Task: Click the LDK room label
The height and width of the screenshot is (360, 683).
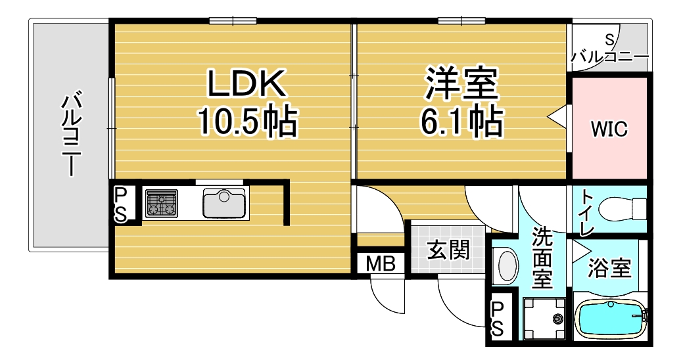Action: tap(247, 83)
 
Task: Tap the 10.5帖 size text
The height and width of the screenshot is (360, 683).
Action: tap(248, 121)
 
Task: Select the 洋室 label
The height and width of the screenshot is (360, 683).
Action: tap(461, 83)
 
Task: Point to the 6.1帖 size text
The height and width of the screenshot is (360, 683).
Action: tap(461, 121)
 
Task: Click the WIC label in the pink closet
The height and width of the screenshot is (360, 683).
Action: tap(609, 129)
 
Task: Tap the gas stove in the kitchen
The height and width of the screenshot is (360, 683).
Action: tap(162, 203)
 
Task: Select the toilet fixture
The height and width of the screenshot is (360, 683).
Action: tap(623, 209)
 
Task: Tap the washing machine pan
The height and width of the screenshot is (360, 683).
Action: tap(544, 319)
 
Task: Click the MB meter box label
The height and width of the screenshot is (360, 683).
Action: tap(380, 264)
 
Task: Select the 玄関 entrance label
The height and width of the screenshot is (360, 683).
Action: tap(448, 250)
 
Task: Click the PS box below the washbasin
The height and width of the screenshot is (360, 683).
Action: tap(498, 320)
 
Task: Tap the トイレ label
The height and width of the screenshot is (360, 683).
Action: tap(586, 215)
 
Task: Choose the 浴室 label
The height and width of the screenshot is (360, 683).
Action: tap(609, 269)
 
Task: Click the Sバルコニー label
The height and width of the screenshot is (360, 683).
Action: tap(610, 50)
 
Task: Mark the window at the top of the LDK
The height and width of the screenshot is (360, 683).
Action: tap(233, 20)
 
